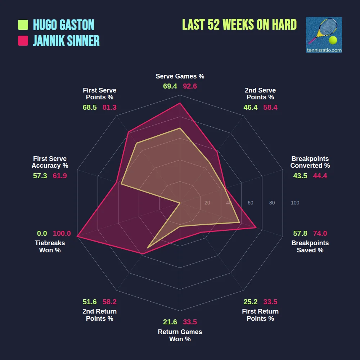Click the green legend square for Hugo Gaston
click(x=23, y=25)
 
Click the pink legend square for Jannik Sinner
click(x=23, y=41)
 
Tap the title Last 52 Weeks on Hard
click(x=239, y=25)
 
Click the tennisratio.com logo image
click(x=324, y=35)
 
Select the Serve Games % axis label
click(x=180, y=76)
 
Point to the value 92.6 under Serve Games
click(x=190, y=86)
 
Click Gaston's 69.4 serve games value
click(x=170, y=86)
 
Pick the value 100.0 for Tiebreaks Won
click(x=62, y=234)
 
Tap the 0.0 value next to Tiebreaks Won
click(x=42, y=234)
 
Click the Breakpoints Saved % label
click(x=310, y=247)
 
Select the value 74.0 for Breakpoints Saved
click(x=320, y=233)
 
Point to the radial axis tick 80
click(x=272, y=203)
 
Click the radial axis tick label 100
click(x=295, y=203)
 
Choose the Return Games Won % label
click(x=180, y=336)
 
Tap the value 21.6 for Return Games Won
click(x=170, y=322)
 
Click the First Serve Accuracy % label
click(x=50, y=162)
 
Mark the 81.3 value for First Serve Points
click(x=109, y=108)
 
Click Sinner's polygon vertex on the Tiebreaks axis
click(x=77, y=237)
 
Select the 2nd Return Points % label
click(x=100, y=315)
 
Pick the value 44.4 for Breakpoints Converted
click(x=320, y=176)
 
